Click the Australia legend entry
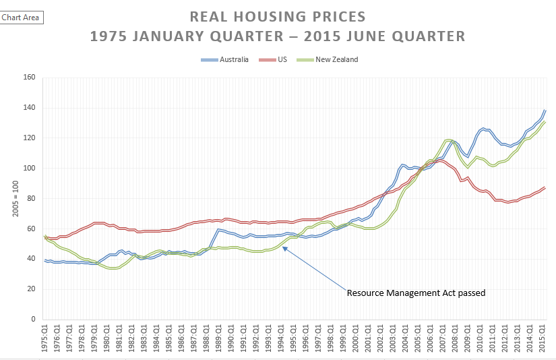coord(233,59)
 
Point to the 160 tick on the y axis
coord(29,78)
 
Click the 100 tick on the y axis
coord(29,168)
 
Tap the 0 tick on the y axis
coord(32,320)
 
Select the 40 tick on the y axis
coord(31,259)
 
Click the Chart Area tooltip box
coord(22,17)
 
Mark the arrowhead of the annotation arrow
coord(284,247)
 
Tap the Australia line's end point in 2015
coord(545,110)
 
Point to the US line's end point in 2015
coord(545,187)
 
